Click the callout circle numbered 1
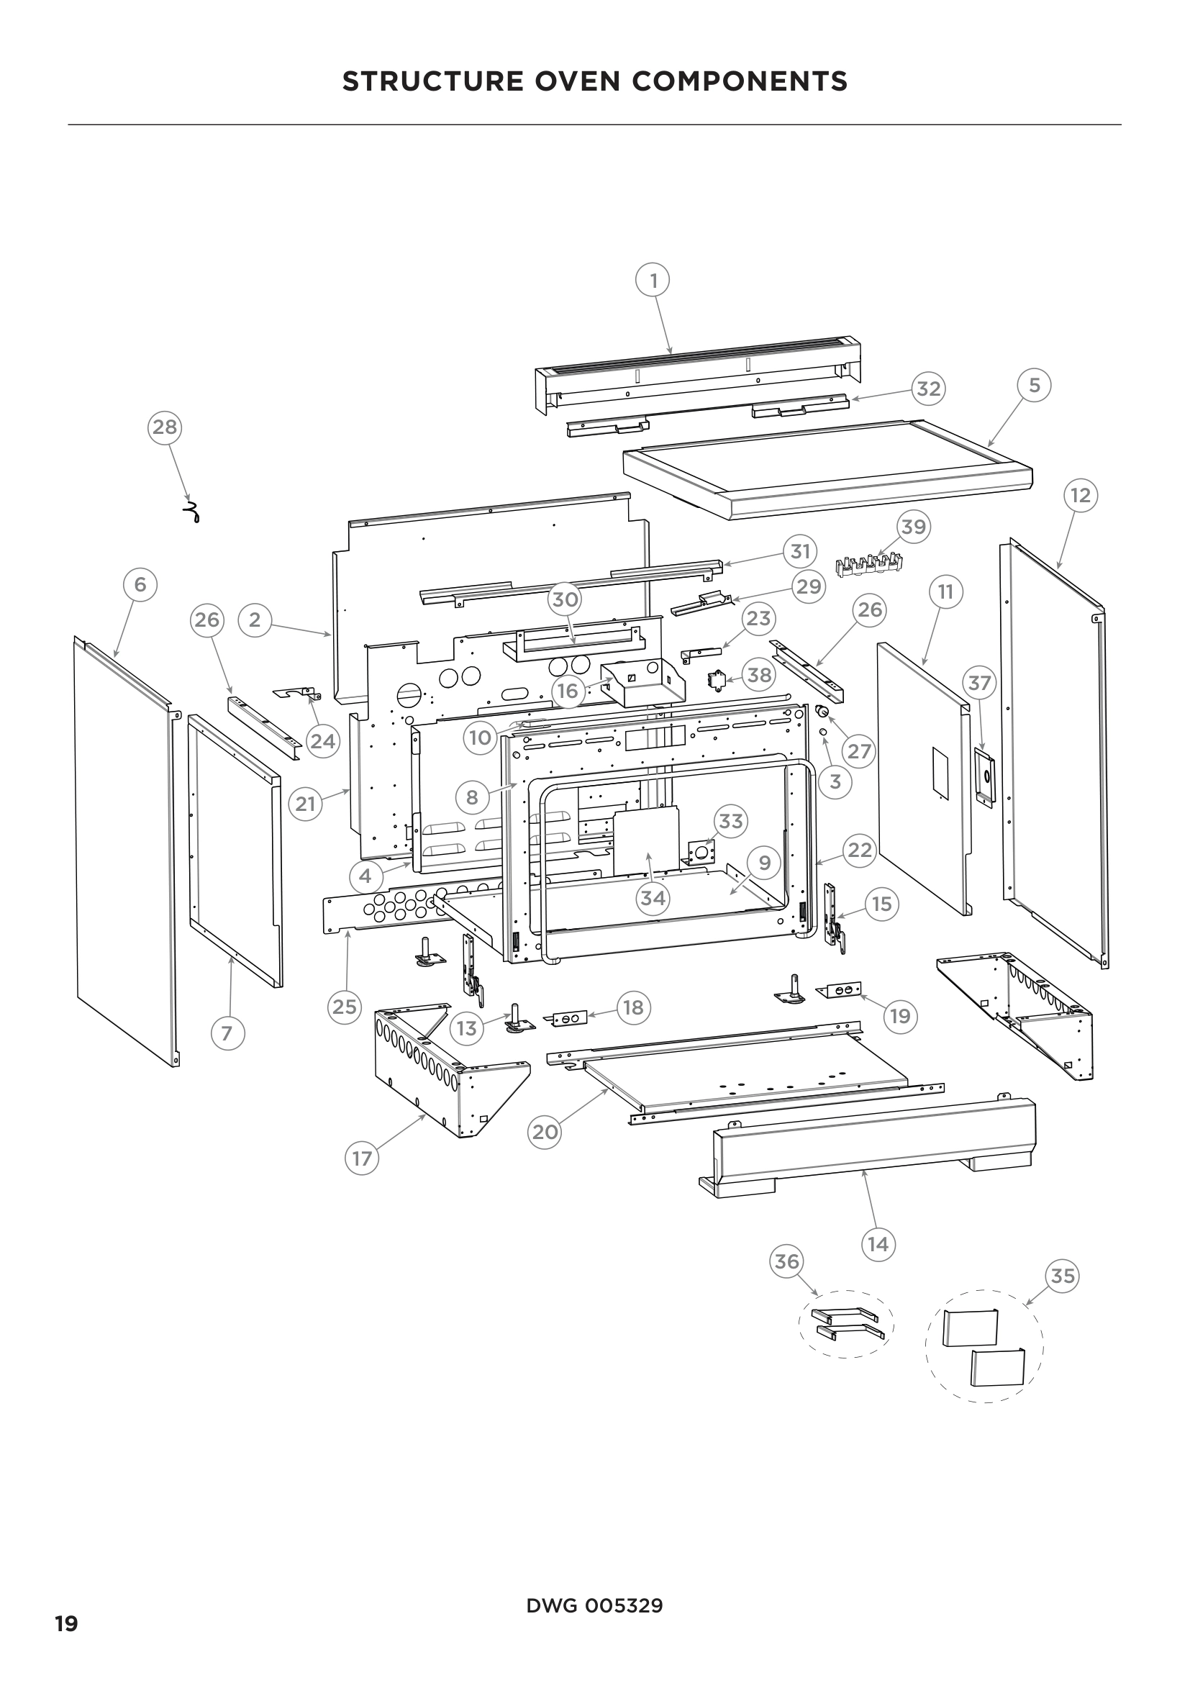[653, 280]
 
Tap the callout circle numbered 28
[165, 427]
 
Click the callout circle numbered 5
[1034, 385]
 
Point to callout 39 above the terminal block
[913, 526]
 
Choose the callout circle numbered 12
[1080, 496]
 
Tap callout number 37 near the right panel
[979, 683]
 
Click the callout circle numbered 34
[652, 897]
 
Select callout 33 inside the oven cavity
[730, 821]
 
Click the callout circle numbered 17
[361, 1158]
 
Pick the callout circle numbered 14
[877, 1244]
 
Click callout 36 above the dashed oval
[786, 1261]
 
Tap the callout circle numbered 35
[1062, 1276]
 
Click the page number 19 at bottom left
[67, 1625]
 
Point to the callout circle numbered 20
[545, 1132]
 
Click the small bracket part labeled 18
[569, 1019]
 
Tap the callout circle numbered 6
[140, 584]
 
